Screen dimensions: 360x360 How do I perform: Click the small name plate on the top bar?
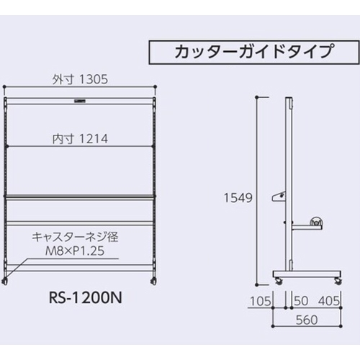78,102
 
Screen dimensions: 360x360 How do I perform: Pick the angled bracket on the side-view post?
277,196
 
